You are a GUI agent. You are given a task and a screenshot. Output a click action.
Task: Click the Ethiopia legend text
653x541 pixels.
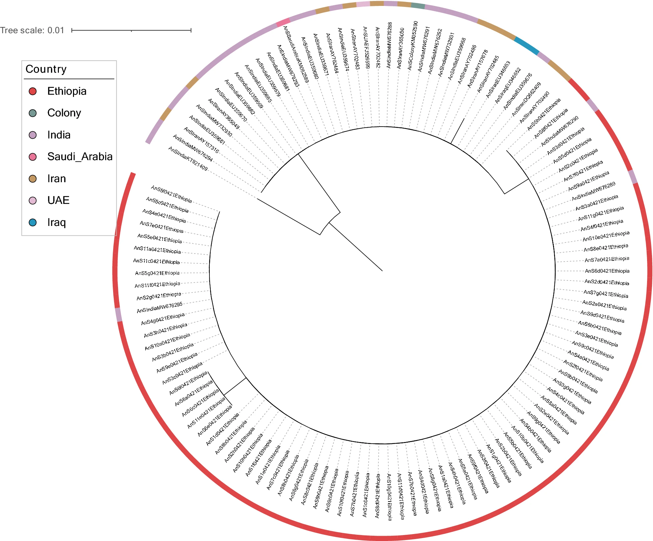pyautogui.click(x=67, y=91)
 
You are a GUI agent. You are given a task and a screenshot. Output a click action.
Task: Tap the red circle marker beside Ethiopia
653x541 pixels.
pyautogui.click(x=33, y=91)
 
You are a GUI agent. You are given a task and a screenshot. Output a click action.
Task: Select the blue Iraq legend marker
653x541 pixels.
pyautogui.click(x=33, y=222)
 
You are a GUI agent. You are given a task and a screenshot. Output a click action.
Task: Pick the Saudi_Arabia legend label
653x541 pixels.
pyautogui.click(x=80, y=157)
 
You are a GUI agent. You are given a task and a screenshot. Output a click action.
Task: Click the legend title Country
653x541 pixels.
pyautogui.click(x=46, y=69)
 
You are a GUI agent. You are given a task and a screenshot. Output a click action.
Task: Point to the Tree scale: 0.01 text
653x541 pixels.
pyautogui.click(x=32, y=30)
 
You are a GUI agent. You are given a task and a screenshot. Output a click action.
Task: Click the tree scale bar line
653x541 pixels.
pyautogui.click(x=131, y=30)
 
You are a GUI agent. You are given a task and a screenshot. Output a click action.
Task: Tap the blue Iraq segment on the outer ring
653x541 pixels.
pyautogui.click(x=526, y=46)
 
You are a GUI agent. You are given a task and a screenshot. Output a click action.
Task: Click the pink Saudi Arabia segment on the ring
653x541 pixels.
pyautogui.click(x=283, y=22)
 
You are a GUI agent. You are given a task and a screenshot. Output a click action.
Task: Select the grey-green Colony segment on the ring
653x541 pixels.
pyautogui.click(x=418, y=5)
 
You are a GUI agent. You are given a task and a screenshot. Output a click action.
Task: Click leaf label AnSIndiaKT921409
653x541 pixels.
pyautogui.click(x=188, y=159)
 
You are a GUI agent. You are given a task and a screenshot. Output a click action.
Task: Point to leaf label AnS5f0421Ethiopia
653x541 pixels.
pyautogui.click(x=171, y=194)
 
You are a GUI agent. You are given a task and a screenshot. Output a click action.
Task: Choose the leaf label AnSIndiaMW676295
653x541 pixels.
pyautogui.click(x=159, y=307)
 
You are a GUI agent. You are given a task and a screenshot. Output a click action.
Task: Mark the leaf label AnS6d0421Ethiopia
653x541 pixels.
pyautogui.click(x=607, y=271)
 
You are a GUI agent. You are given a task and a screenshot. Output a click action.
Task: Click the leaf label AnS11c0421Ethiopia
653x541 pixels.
pyautogui.click(x=157, y=261)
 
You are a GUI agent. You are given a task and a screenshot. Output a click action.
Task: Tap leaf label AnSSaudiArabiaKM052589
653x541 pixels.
pyautogui.click(x=296, y=54)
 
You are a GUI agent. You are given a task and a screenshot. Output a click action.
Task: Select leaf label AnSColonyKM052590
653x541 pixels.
pyautogui.click(x=413, y=45)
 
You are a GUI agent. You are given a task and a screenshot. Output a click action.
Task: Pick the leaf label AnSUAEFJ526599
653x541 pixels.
pyautogui.click(x=366, y=48)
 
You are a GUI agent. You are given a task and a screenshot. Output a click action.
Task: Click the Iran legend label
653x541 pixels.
pyautogui.click(x=57, y=179)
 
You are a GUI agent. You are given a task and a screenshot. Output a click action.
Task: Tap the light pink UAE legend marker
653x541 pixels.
pyautogui.click(x=33, y=200)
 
